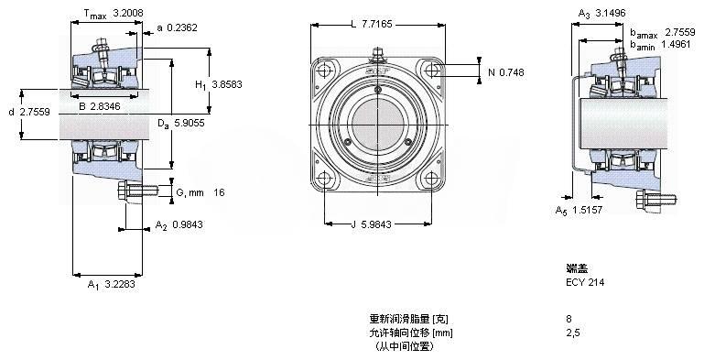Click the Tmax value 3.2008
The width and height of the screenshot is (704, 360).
tap(128, 13)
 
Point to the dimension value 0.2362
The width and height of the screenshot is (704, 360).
tap(182, 27)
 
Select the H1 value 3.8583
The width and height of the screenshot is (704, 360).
tap(227, 84)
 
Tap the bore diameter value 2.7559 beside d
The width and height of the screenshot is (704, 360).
tap(35, 112)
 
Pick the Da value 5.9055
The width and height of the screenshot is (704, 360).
tap(189, 123)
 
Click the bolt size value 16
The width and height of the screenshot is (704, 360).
tap(219, 192)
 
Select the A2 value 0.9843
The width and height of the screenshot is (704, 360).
tap(188, 224)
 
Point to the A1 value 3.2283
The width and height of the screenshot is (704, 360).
tap(119, 284)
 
